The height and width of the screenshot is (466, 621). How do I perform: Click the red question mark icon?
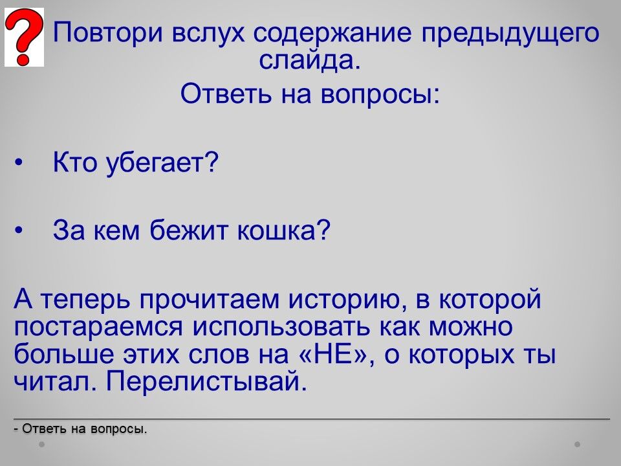click(x=24, y=38)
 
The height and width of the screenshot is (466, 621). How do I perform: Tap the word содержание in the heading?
click(x=332, y=33)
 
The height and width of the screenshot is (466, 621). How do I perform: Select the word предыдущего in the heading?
click(x=510, y=34)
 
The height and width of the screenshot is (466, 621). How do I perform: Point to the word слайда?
click(x=310, y=60)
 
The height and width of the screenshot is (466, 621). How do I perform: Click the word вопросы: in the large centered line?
click(x=380, y=94)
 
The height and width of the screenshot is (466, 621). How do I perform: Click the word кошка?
click(x=283, y=230)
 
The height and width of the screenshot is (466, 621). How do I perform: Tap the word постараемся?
click(x=98, y=327)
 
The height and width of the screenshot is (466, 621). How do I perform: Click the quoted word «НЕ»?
click(x=336, y=353)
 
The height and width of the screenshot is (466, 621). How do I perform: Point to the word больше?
click(x=64, y=353)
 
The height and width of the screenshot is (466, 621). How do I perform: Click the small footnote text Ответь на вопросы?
click(x=80, y=428)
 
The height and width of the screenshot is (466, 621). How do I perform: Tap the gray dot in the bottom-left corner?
click(x=41, y=444)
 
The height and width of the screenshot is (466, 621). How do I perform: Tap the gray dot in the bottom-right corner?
click(x=577, y=444)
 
